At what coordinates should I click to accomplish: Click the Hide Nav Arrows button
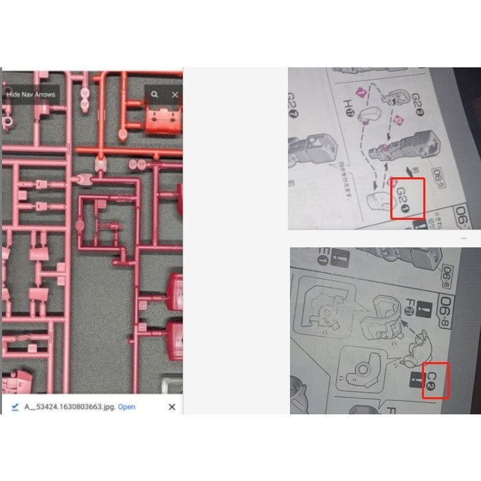pos(30,95)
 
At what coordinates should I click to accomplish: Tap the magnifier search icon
pos(155,95)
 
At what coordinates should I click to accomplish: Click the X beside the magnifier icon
pos(175,95)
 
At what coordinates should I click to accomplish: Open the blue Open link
pos(126,407)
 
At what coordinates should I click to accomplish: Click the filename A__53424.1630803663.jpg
pos(70,407)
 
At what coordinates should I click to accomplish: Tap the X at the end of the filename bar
pos(172,407)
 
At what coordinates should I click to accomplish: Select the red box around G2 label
pos(407,199)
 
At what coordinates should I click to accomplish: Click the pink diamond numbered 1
pos(357,91)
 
